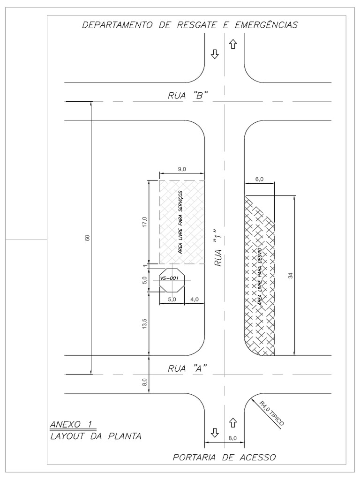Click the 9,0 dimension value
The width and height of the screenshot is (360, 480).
tap(182, 169)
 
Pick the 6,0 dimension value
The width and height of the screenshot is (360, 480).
tap(259, 179)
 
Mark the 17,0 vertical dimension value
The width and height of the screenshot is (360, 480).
tap(144, 222)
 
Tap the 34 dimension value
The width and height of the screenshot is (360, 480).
tap(290, 276)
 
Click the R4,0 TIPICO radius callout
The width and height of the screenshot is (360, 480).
tap(268, 412)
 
